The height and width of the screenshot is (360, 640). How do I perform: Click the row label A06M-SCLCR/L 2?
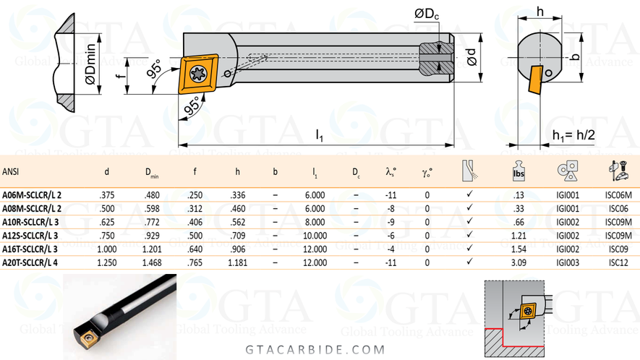point(32,195)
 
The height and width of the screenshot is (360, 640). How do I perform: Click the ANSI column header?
point(11,172)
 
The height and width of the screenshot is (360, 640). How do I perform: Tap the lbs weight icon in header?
point(518,171)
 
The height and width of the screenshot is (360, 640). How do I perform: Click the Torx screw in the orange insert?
point(197,72)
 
